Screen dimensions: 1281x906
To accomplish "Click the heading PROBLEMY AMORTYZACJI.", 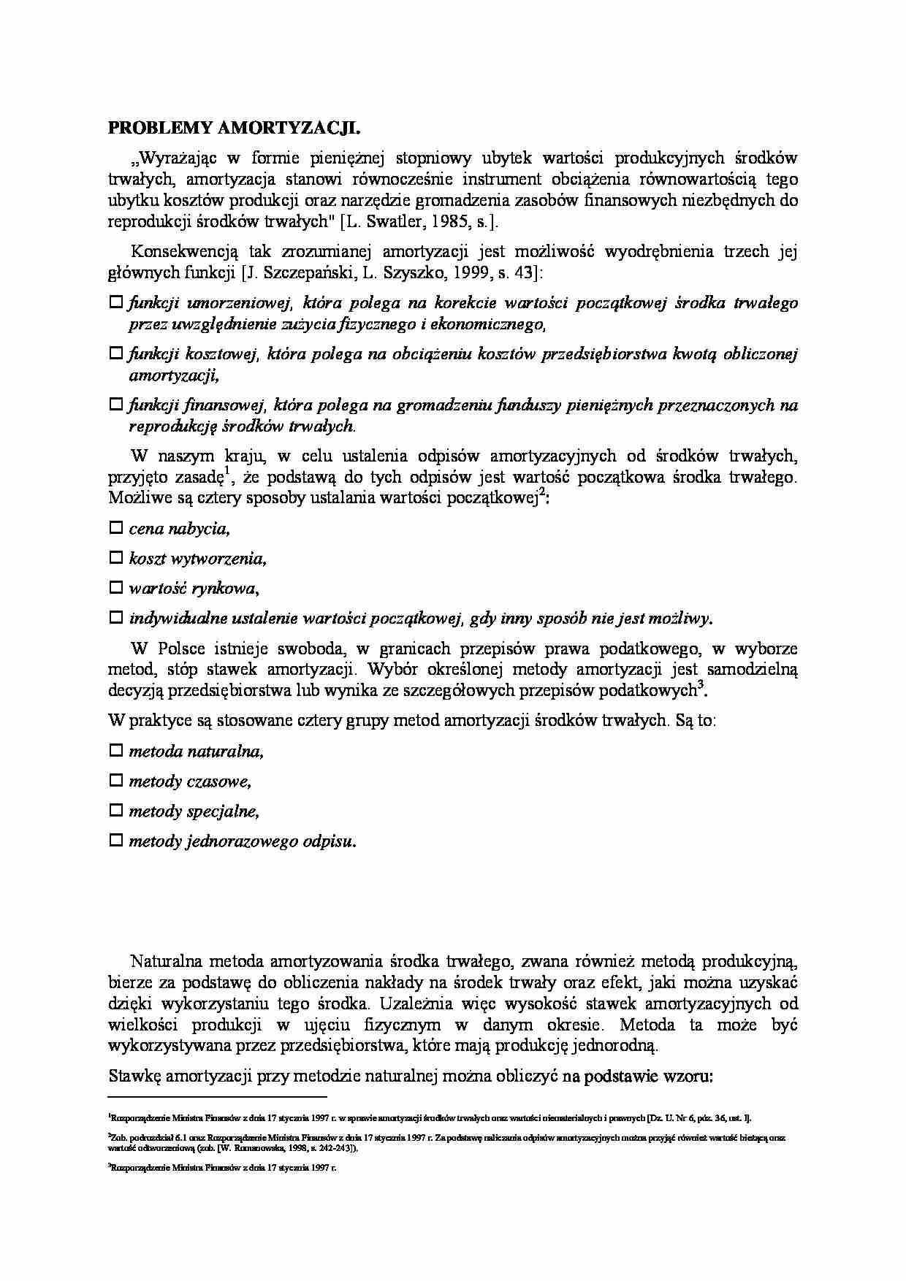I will (x=235, y=129).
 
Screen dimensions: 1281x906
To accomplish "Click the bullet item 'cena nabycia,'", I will (x=179, y=529).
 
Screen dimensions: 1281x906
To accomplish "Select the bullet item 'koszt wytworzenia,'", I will (x=197, y=559).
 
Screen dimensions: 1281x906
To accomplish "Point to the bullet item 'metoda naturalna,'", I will (x=196, y=751).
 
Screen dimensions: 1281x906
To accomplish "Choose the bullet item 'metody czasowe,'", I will (x=190, y=781).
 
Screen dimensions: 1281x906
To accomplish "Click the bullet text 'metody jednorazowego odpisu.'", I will (x=243, y=841).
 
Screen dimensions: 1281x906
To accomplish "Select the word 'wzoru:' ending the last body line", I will (x=687, y=1077).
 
